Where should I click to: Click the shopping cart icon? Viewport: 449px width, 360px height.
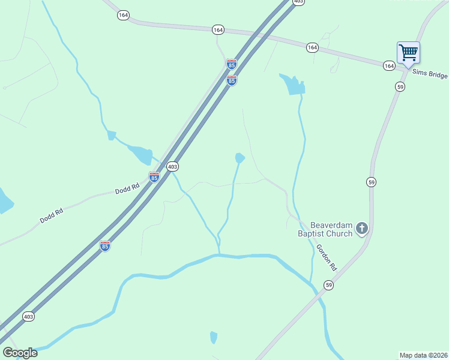click(408, 53)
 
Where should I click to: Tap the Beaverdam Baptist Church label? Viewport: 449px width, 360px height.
click(325, 229)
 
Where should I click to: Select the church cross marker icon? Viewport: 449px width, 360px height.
click(361, 228)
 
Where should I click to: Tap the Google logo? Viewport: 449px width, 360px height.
click(20, 353)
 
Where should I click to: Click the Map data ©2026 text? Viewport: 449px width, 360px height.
click(424, 355)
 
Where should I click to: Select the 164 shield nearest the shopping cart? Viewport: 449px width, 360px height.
click(389, 65)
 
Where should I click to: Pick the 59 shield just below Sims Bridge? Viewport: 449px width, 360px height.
click(400, 86)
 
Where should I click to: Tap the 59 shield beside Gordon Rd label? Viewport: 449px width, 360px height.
click(328, 284)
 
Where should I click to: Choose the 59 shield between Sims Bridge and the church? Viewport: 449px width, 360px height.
click(371, 182)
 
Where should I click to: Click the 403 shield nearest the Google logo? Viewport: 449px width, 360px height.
click(28, 316)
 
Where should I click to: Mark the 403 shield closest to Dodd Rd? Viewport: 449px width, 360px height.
click(172, 166)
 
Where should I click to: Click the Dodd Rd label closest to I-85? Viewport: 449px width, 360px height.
click(127, 188)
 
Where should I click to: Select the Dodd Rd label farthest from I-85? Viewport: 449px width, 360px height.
click(52, 215)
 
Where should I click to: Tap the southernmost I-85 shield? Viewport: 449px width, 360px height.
click(105, 245)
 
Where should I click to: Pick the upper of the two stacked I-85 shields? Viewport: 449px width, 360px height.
click(231, 64)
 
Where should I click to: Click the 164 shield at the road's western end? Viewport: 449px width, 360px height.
click(123, 16)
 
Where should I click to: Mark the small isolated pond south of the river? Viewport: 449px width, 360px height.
click(214, 338)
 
